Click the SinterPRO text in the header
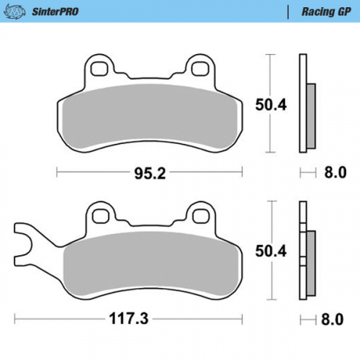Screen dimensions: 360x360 point(55,12)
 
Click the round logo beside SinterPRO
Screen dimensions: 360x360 point(17,12)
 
